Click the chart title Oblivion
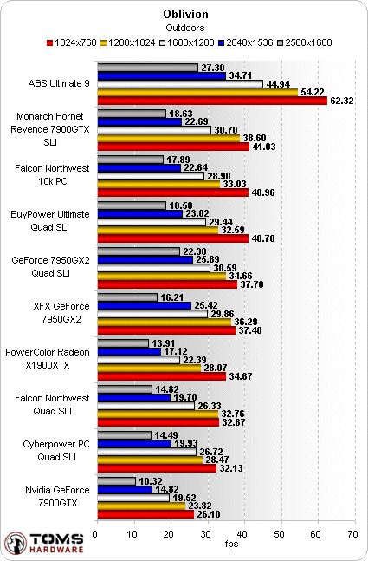pos(185,15)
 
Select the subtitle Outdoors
pos(185,28)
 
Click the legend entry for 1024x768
pos(72,43)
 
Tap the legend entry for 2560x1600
pos(305,43)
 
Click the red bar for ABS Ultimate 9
pos(212,101)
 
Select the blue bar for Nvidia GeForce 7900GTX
pos(125,489)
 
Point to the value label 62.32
pos(342,101)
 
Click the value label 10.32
pos(151,481)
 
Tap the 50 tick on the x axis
pos(279,534)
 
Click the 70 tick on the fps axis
pos(352,534)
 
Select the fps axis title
pos(231,544)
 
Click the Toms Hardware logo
pos(44,543)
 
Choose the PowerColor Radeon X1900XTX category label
pos(48,359)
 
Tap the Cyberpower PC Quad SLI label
pos(56,451)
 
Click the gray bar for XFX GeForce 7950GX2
pos(127,297)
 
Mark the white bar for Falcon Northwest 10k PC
pos(151,176)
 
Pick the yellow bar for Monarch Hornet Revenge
pos(169,138)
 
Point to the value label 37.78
pos(252,284)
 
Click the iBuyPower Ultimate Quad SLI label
pos(49,221)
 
